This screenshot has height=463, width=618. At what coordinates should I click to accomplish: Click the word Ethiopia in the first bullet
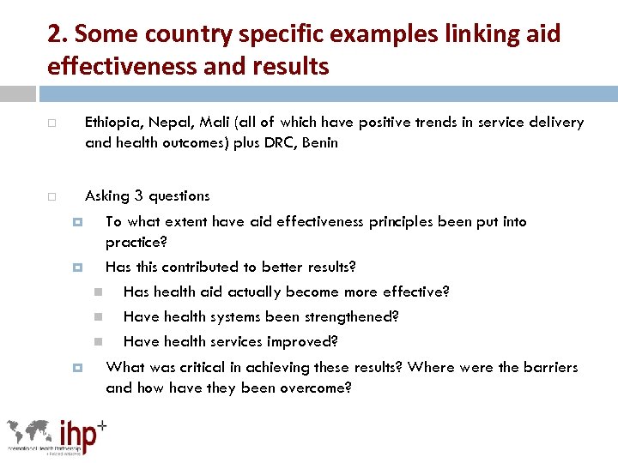(x=112, y=123)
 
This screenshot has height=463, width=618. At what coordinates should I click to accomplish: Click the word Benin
(x=319, y=143)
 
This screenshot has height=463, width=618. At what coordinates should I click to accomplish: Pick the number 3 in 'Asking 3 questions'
(x=139, y=196)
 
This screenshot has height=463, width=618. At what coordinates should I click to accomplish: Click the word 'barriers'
(x=549, y=368)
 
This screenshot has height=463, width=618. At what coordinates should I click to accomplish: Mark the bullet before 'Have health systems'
(x=99, y=317)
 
